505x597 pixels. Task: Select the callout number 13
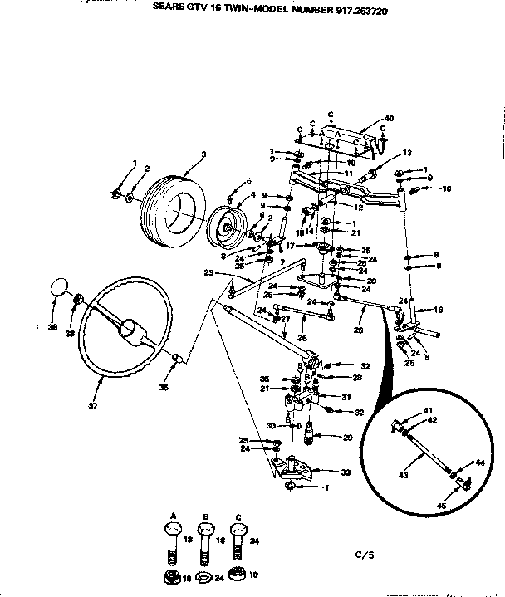[407, 152]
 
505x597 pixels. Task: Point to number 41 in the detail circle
[429, 411]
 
